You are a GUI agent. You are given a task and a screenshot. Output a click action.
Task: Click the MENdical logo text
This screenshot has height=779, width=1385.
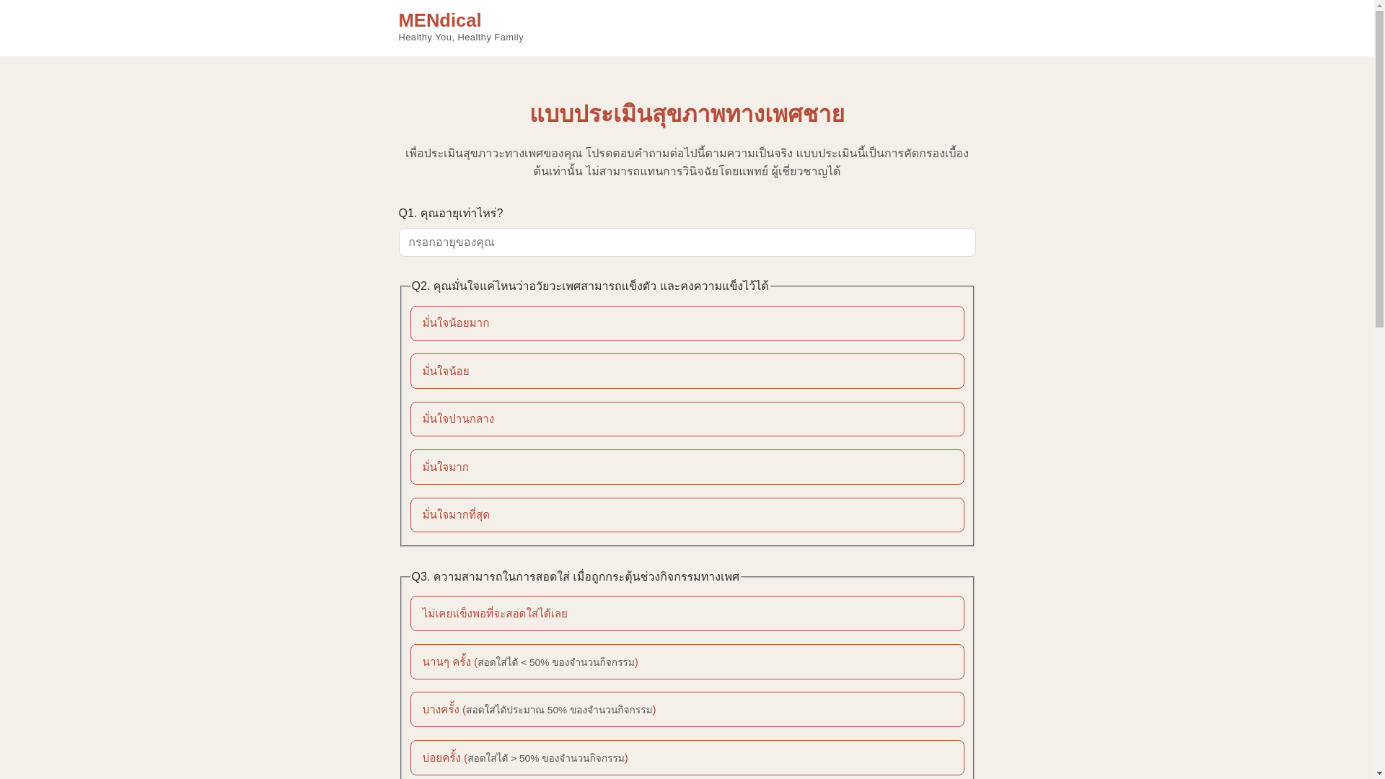pyautogui.click(x=439, y=20)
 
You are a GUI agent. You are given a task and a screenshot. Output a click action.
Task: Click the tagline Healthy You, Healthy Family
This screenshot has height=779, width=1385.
pyautogui.click(x=460, y=38)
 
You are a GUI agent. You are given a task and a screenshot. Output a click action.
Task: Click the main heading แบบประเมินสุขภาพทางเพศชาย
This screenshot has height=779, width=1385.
pyautogui.click(x=687, y=114)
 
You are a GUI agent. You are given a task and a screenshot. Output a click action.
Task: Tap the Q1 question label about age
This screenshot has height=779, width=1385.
pyautogui.click(x=461, y=214)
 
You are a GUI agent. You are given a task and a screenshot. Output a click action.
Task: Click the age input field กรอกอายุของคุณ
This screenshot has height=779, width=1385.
pyautogui.click(x=687, y=242)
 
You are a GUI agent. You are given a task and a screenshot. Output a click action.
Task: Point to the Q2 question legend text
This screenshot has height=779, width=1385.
pyautogui.click(x=589, y=286)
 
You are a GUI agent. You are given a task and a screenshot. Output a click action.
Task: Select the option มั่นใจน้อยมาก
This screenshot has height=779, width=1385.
pyautogui.click(x=687, y=323)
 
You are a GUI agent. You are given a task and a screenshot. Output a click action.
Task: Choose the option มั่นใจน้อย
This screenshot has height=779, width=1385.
pyautogui.click(x=687, y=371)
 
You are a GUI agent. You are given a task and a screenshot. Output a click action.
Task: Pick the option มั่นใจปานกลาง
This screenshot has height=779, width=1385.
pyautogui.click(x=687, y=419)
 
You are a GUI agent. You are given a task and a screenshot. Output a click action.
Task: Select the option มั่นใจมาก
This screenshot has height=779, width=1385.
pyautogui.click(x=687, y=467)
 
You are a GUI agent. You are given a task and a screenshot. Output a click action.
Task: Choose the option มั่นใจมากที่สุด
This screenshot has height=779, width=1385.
pyautogui.click(x=687, y=515)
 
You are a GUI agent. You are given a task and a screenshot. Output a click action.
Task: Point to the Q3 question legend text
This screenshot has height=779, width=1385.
pyautogui.click(x=575, y=577)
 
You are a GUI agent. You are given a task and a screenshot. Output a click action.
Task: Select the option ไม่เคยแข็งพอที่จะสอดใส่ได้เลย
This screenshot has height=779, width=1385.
pyautogui.click(x=687, y=614)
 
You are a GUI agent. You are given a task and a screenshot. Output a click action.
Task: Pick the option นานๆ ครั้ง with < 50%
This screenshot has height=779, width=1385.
pyautogui.click(x=687, y=662)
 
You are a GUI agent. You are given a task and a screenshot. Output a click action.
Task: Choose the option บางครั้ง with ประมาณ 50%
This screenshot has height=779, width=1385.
pyautogui.click(x=687, y=710)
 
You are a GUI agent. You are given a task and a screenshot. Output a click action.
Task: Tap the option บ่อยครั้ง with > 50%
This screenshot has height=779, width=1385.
pyautogui.click(x=687, y=758)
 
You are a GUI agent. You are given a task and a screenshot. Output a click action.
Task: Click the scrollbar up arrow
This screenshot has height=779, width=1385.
pyautogui.click(x=1379, y=4)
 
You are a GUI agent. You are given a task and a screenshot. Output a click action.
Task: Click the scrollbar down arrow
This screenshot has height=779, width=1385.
pyautogui.click(x=1379, y=775)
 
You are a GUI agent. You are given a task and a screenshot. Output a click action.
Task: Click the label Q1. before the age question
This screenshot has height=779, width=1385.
pyautogui.click(x=408, y=214)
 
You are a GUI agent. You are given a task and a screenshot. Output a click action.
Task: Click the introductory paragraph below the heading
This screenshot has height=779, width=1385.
pyautogui.click(x=687, y=162)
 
